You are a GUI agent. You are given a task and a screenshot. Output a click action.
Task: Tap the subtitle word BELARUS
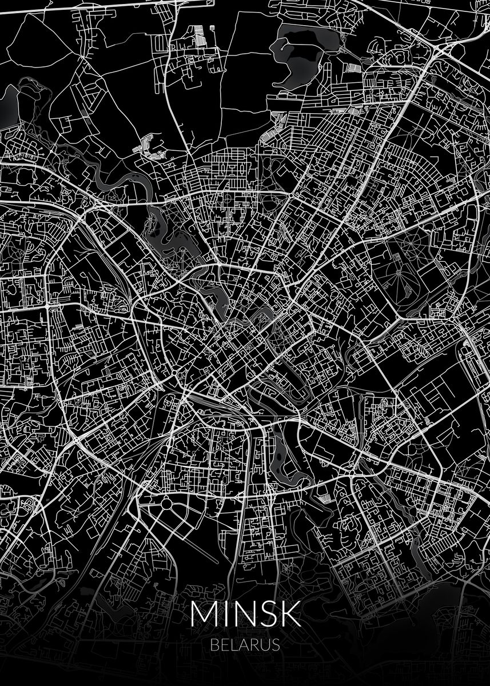[245, 645]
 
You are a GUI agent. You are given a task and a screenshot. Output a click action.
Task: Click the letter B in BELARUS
[214, 645]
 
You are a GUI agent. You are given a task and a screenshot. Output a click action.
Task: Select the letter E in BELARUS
[224, 645]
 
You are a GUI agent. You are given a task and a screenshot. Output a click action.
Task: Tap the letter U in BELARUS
[264, 645]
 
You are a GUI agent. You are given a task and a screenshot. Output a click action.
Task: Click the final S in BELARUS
[275, 645]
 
